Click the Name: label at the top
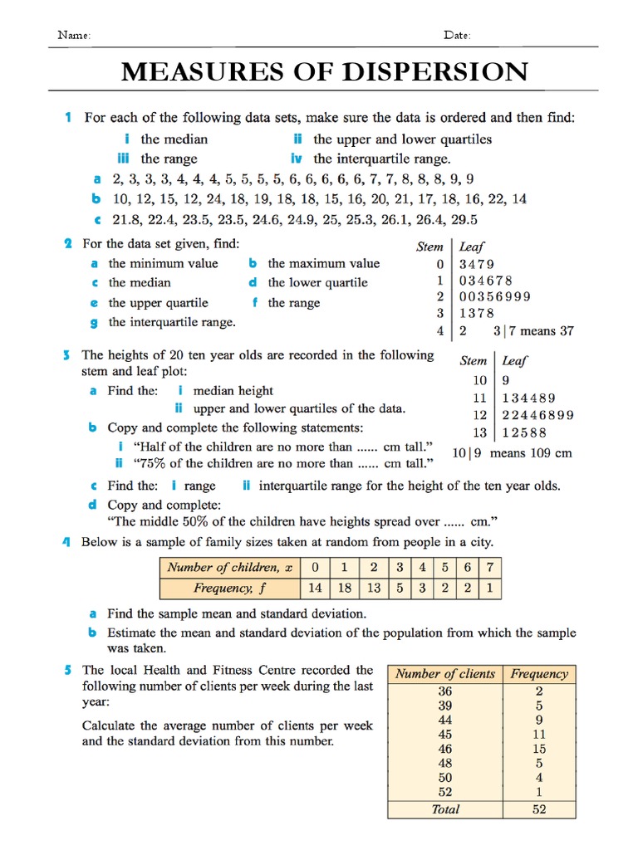pyautogui.click(x=73, y=36)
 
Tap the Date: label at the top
pyautogui.click(x=457, y=36)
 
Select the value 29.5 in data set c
pyautogui.click(x=464, y=220)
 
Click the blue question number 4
pyautogui.click(x=66, y=542)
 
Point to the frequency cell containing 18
pyautogui.click(x=343, y=588)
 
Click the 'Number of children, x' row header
pyautogui.click(x=229, y=568)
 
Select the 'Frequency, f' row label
pyautogui.click(x=229, y=588)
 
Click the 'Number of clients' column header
pyautogui.click(x=444, y=674)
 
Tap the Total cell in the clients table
pyautogui.click(x=445, y=809)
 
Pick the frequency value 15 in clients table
pyautogui.click(x=539, y=749)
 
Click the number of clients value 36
pyautogui.click(x=445, y=691)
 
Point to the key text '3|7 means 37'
pyautogui.click(x=532, y=331)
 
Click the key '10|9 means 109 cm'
pyautogui.click(x=512, y=453)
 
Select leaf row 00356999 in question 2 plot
pyautogui.click(x=494, y=296)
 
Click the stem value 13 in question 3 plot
pyautogui.click(x=480, y=432)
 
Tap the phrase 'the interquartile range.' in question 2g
pyautogui.click(x=172, y=322)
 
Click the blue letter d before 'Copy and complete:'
pyautogui.click(x=94, y=505)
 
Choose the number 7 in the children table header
pyautogui.click(x=490, y=568)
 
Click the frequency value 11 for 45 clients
pyautogui.click(x=539, y=735)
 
